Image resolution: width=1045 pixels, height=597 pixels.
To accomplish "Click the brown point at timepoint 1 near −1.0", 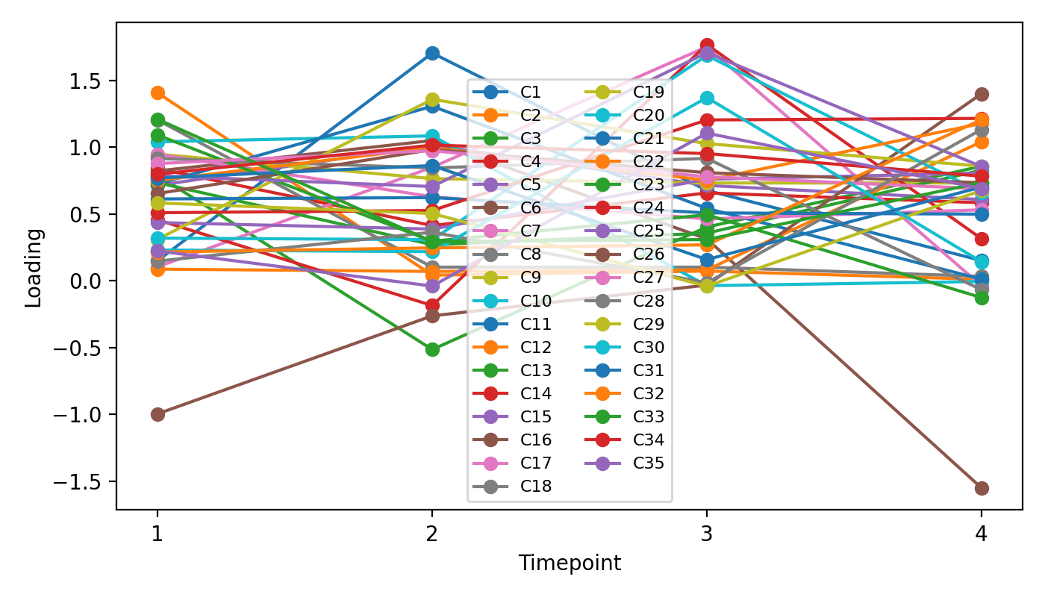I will (x=157, y=414).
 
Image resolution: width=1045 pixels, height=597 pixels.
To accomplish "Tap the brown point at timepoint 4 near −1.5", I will (x=982, y=488).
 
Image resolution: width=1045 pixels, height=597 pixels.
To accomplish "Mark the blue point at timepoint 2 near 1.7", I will (x=432, y=53).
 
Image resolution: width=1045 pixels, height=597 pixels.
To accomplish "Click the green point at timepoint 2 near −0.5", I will (x=432, y=349).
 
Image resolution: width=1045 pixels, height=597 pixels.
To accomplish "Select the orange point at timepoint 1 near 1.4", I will (x=157, y=93).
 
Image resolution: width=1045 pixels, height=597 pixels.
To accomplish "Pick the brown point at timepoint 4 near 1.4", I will (x=982, y=94).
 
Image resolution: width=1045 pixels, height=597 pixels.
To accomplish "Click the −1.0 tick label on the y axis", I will (x=87, y=414).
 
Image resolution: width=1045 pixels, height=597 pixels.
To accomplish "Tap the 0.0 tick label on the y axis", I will (x=93, y=281).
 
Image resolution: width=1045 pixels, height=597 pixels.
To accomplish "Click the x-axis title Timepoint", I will (x=570, y=563).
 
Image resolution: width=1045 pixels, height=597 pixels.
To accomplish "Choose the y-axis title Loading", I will (x=34, y=267).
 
